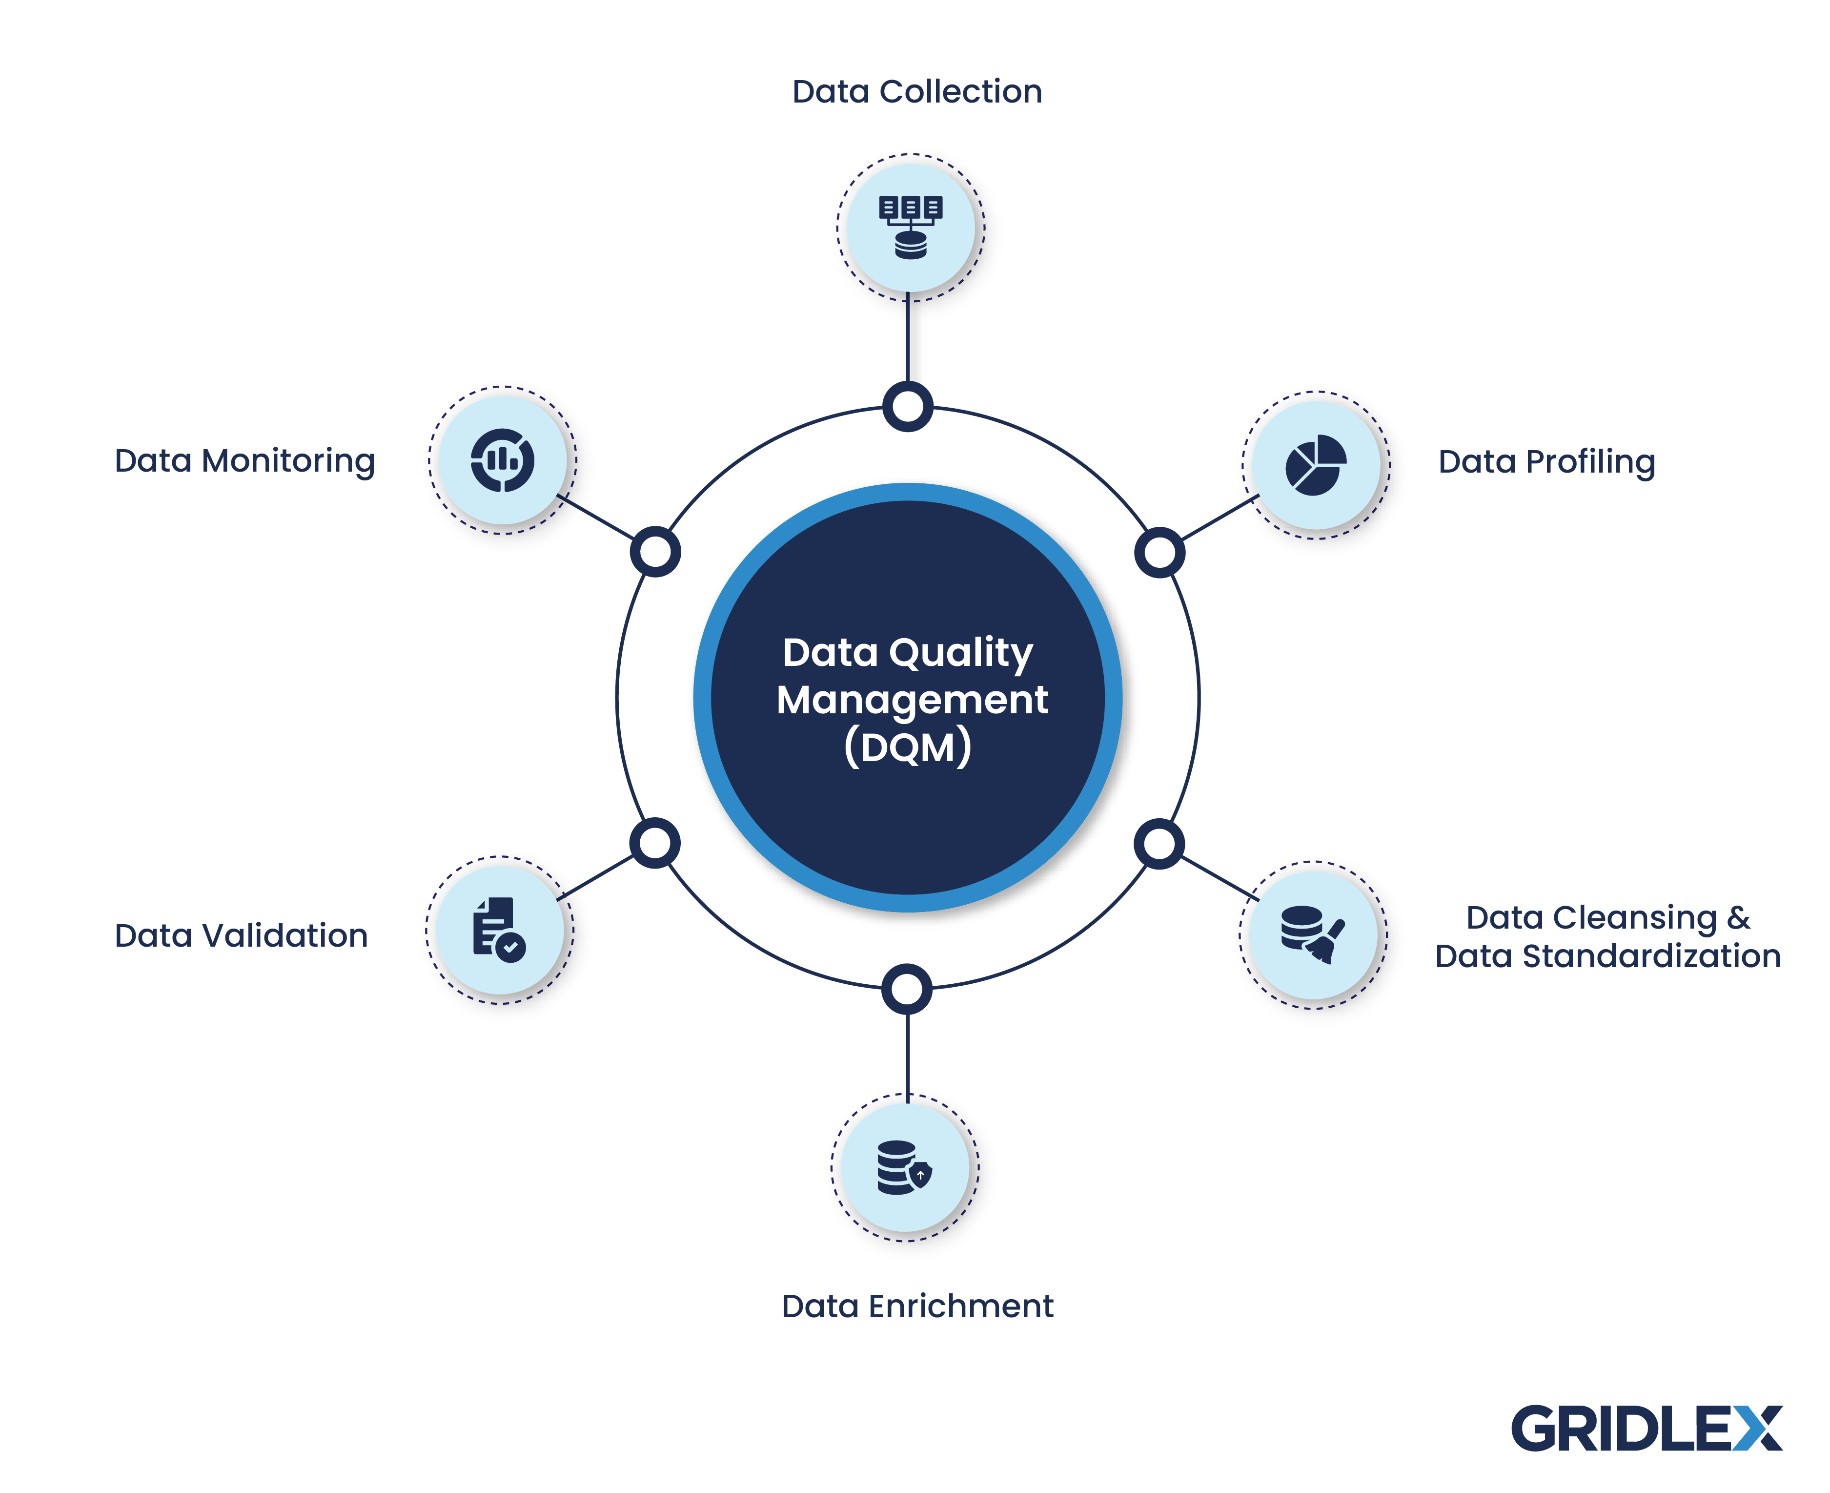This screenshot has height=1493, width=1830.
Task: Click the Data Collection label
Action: [916, 91]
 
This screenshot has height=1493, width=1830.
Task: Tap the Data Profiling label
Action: [1545, 462]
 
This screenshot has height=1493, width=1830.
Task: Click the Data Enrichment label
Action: [916, 1306]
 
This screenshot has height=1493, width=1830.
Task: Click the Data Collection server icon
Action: [910, 227]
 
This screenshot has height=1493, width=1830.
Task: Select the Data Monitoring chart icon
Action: [502, 460]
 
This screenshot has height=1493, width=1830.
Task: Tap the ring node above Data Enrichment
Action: [907, 989]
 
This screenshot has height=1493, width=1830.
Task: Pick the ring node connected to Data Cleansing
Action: [1159, 844]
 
